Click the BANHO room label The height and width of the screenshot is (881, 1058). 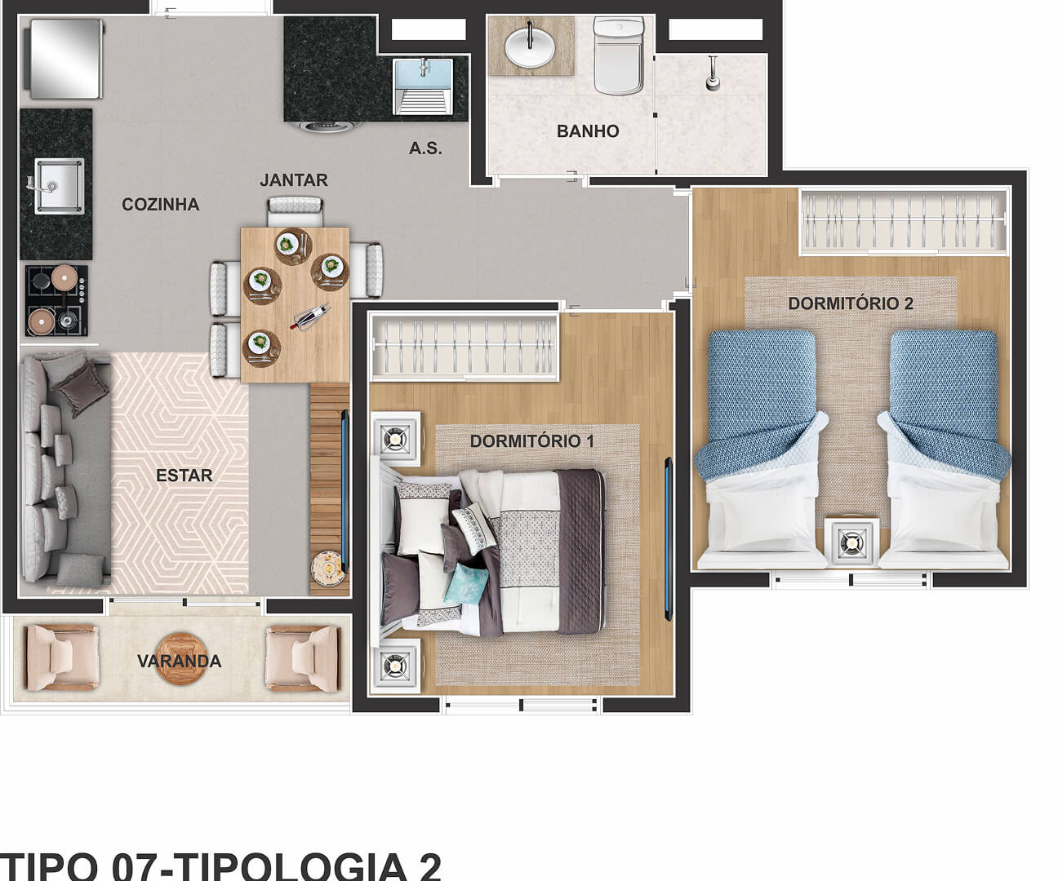588,131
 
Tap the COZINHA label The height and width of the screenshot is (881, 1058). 161,205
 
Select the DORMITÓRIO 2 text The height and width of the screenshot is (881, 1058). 851,303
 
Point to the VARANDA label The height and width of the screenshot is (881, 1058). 180,662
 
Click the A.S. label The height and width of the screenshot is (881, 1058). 425,148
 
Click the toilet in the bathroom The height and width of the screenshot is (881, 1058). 619,55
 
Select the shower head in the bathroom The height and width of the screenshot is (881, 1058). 713,74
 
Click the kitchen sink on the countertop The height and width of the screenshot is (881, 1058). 60,186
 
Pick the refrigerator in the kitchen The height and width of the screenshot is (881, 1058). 66,59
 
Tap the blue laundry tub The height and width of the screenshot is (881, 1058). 424,86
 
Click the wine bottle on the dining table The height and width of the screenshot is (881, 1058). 310,317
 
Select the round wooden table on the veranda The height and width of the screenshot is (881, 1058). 181,659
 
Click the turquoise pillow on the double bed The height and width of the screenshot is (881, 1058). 467,584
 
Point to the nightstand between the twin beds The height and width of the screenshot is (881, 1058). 851,542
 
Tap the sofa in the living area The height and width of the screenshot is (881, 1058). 64,468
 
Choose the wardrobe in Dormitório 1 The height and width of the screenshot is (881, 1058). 465,348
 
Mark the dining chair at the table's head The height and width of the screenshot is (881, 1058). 295,211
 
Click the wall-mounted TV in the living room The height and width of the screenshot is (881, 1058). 345,490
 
